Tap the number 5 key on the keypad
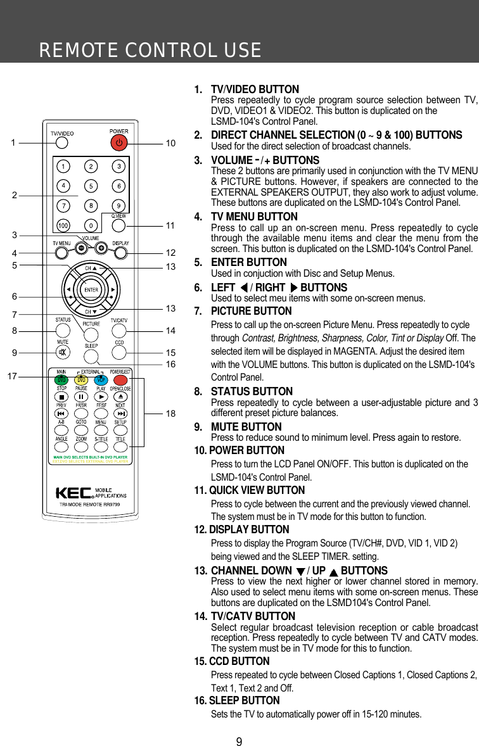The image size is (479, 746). click(x=91, y=186)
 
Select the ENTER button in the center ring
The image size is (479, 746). click(x=91, y=290)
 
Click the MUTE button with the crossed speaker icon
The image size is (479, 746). click(x=62, y=352)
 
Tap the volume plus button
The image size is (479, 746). click(x=101, y=248)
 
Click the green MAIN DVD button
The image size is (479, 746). click(x=62, y=379)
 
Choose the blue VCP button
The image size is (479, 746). click(x=100, y=379)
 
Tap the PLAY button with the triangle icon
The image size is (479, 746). click(x=101, y=396)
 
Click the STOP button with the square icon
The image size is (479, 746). click(x=62, y=396)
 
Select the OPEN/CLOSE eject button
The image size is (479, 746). click(x=120, y=396)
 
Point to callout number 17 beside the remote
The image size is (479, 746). click(x=12, y=376)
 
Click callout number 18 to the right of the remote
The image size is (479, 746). click(x=170, y=413)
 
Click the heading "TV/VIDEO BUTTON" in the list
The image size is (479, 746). click(x=255, y=90)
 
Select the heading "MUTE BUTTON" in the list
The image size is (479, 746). click(x=246, y=427)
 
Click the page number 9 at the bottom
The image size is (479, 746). click(x=239, y=738)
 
